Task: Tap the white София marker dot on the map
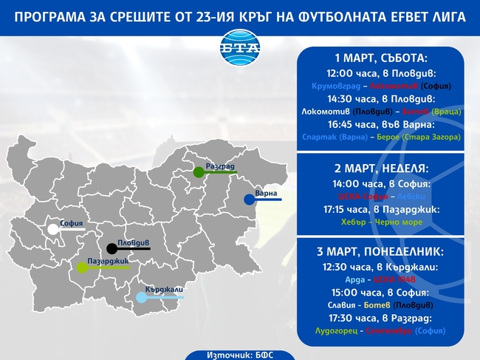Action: [53, 230]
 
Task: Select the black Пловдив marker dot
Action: [112, 248]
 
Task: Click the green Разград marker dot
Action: [198, 172]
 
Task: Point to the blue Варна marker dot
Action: [249, 200]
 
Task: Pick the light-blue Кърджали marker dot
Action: [141, 297]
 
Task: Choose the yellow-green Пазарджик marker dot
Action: [82, 268]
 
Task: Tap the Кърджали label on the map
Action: [164, 288]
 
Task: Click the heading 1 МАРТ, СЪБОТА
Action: [381, 58]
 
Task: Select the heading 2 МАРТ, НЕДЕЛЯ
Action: [380, 169]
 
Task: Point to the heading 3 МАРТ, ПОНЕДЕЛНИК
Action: [381, 251]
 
